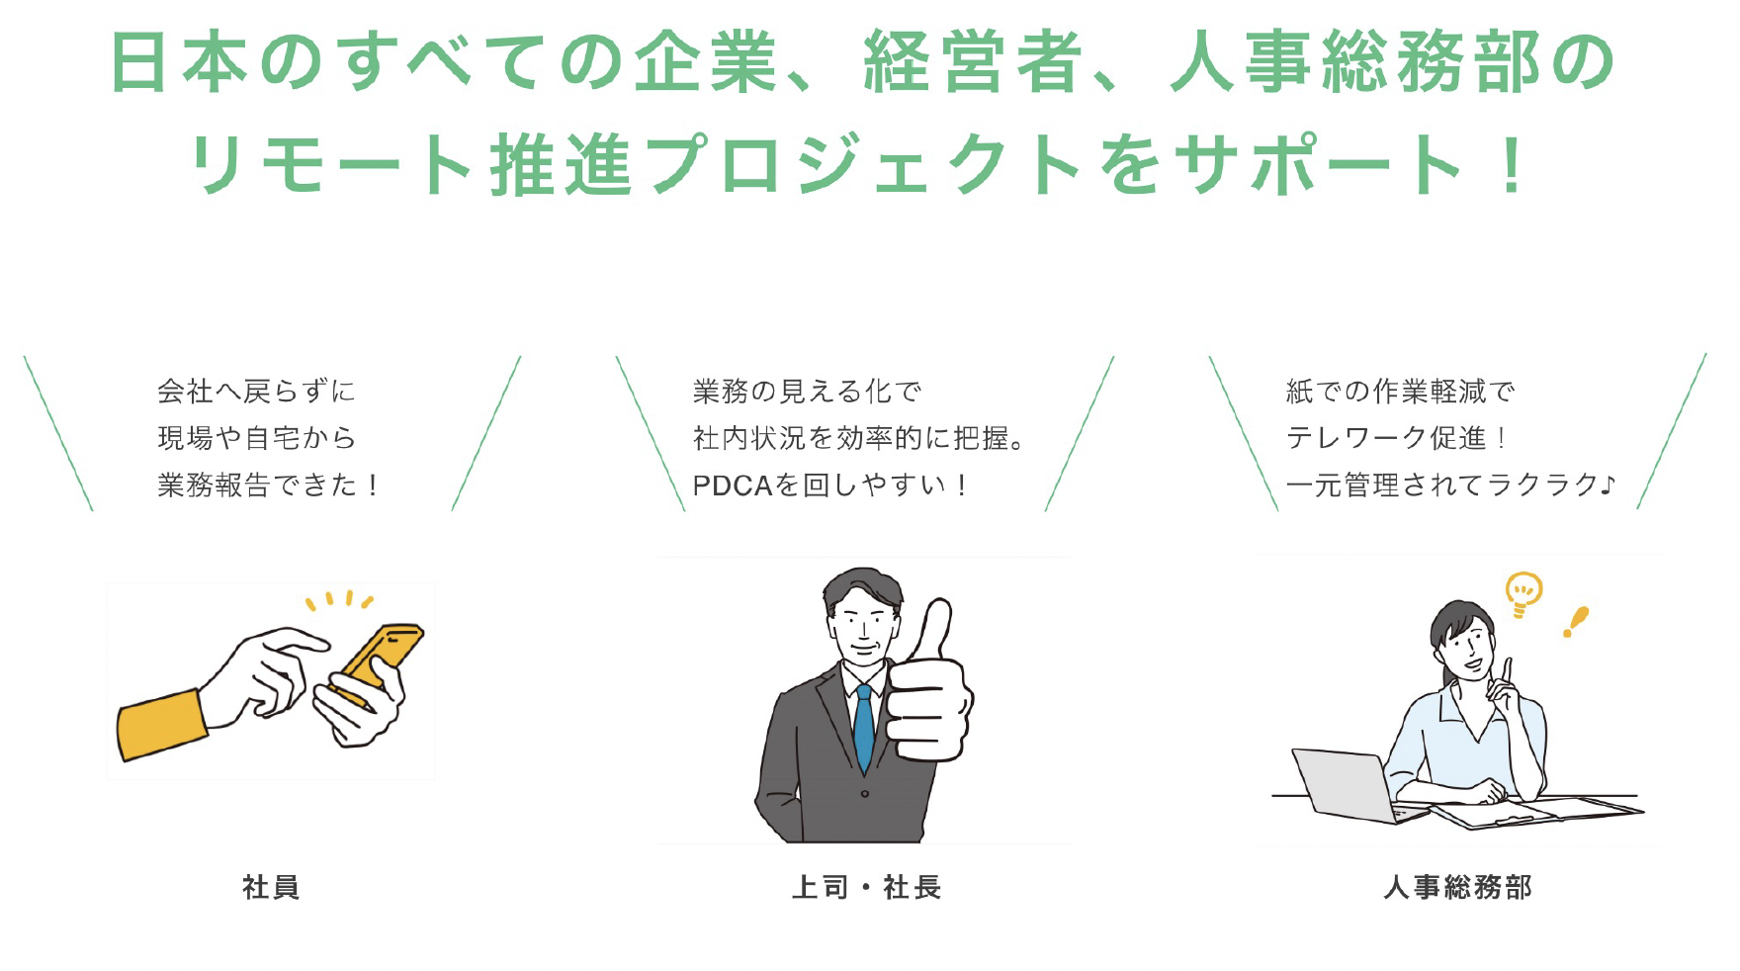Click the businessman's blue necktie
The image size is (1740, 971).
pos(864,727)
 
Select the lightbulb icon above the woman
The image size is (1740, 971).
pos(1522,591)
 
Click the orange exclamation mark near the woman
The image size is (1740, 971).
pos(1575,621)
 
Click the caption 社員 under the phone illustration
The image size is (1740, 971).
pos(271,887)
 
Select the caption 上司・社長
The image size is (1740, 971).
pos(866,887)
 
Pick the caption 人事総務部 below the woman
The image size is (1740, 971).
pos(1457,887)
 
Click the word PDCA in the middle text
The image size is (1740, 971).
pos(732,485)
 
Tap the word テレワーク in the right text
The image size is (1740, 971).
pos(1355,438)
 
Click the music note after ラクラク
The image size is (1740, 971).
pos(1608,484)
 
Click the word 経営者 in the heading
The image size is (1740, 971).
pos(971,62)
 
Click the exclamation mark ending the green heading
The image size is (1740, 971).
pos(1511,165)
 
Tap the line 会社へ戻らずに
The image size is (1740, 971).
pos(256,392)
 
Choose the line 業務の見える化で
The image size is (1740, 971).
pos(807,392)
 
